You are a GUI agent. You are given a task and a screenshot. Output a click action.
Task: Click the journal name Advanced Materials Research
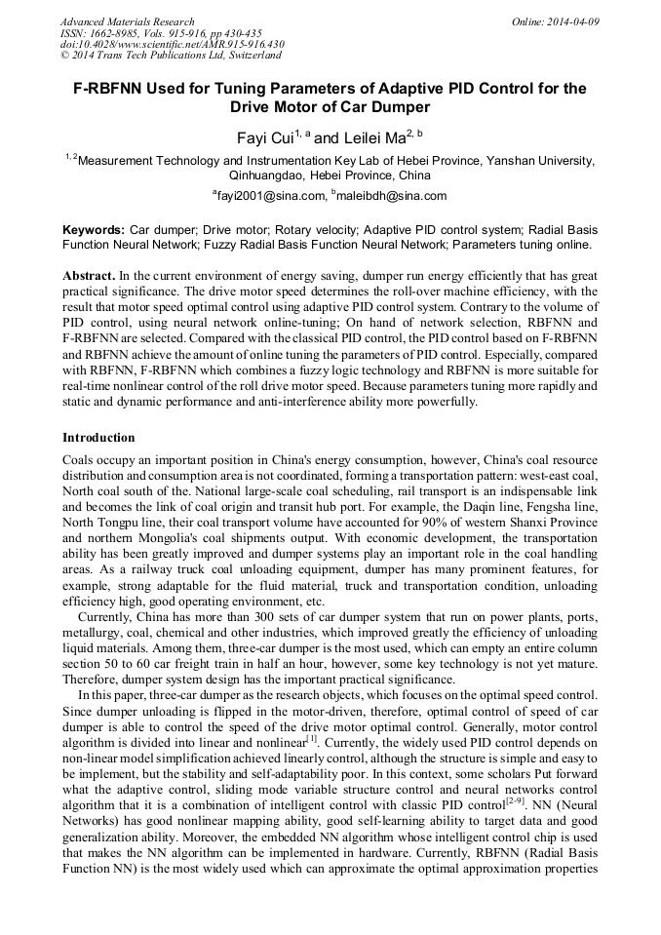tap(127, 21)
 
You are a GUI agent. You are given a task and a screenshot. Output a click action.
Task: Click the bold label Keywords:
tap(94, 230)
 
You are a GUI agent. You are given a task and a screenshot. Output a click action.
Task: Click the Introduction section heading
tap(98, 438)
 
